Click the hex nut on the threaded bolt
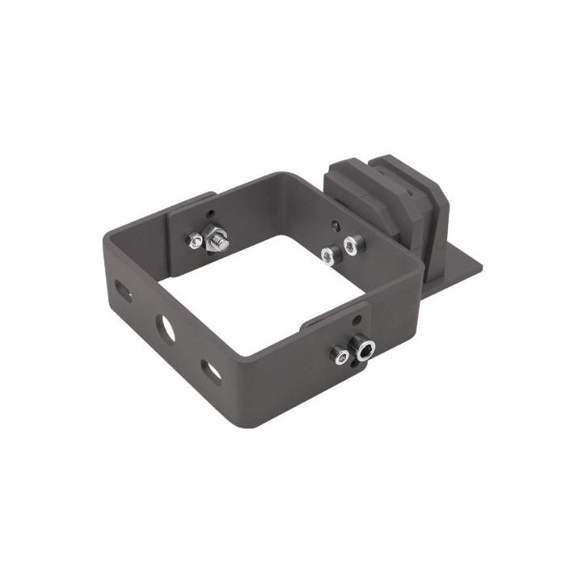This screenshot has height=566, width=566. click(x=216, y=239)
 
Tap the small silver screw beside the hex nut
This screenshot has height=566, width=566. click(x=195, y=240)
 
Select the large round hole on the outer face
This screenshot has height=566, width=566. click(x=166, y=327)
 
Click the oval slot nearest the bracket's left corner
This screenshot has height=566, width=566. click(x=123, y=290)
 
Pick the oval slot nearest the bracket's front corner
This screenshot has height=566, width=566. click(x=210, y=371)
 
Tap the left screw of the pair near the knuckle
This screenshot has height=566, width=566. click(x=328, y=256)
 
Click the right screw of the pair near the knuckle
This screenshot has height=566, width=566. click(x=351, y=244)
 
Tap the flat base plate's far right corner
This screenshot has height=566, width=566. click(x=480, y=264)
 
